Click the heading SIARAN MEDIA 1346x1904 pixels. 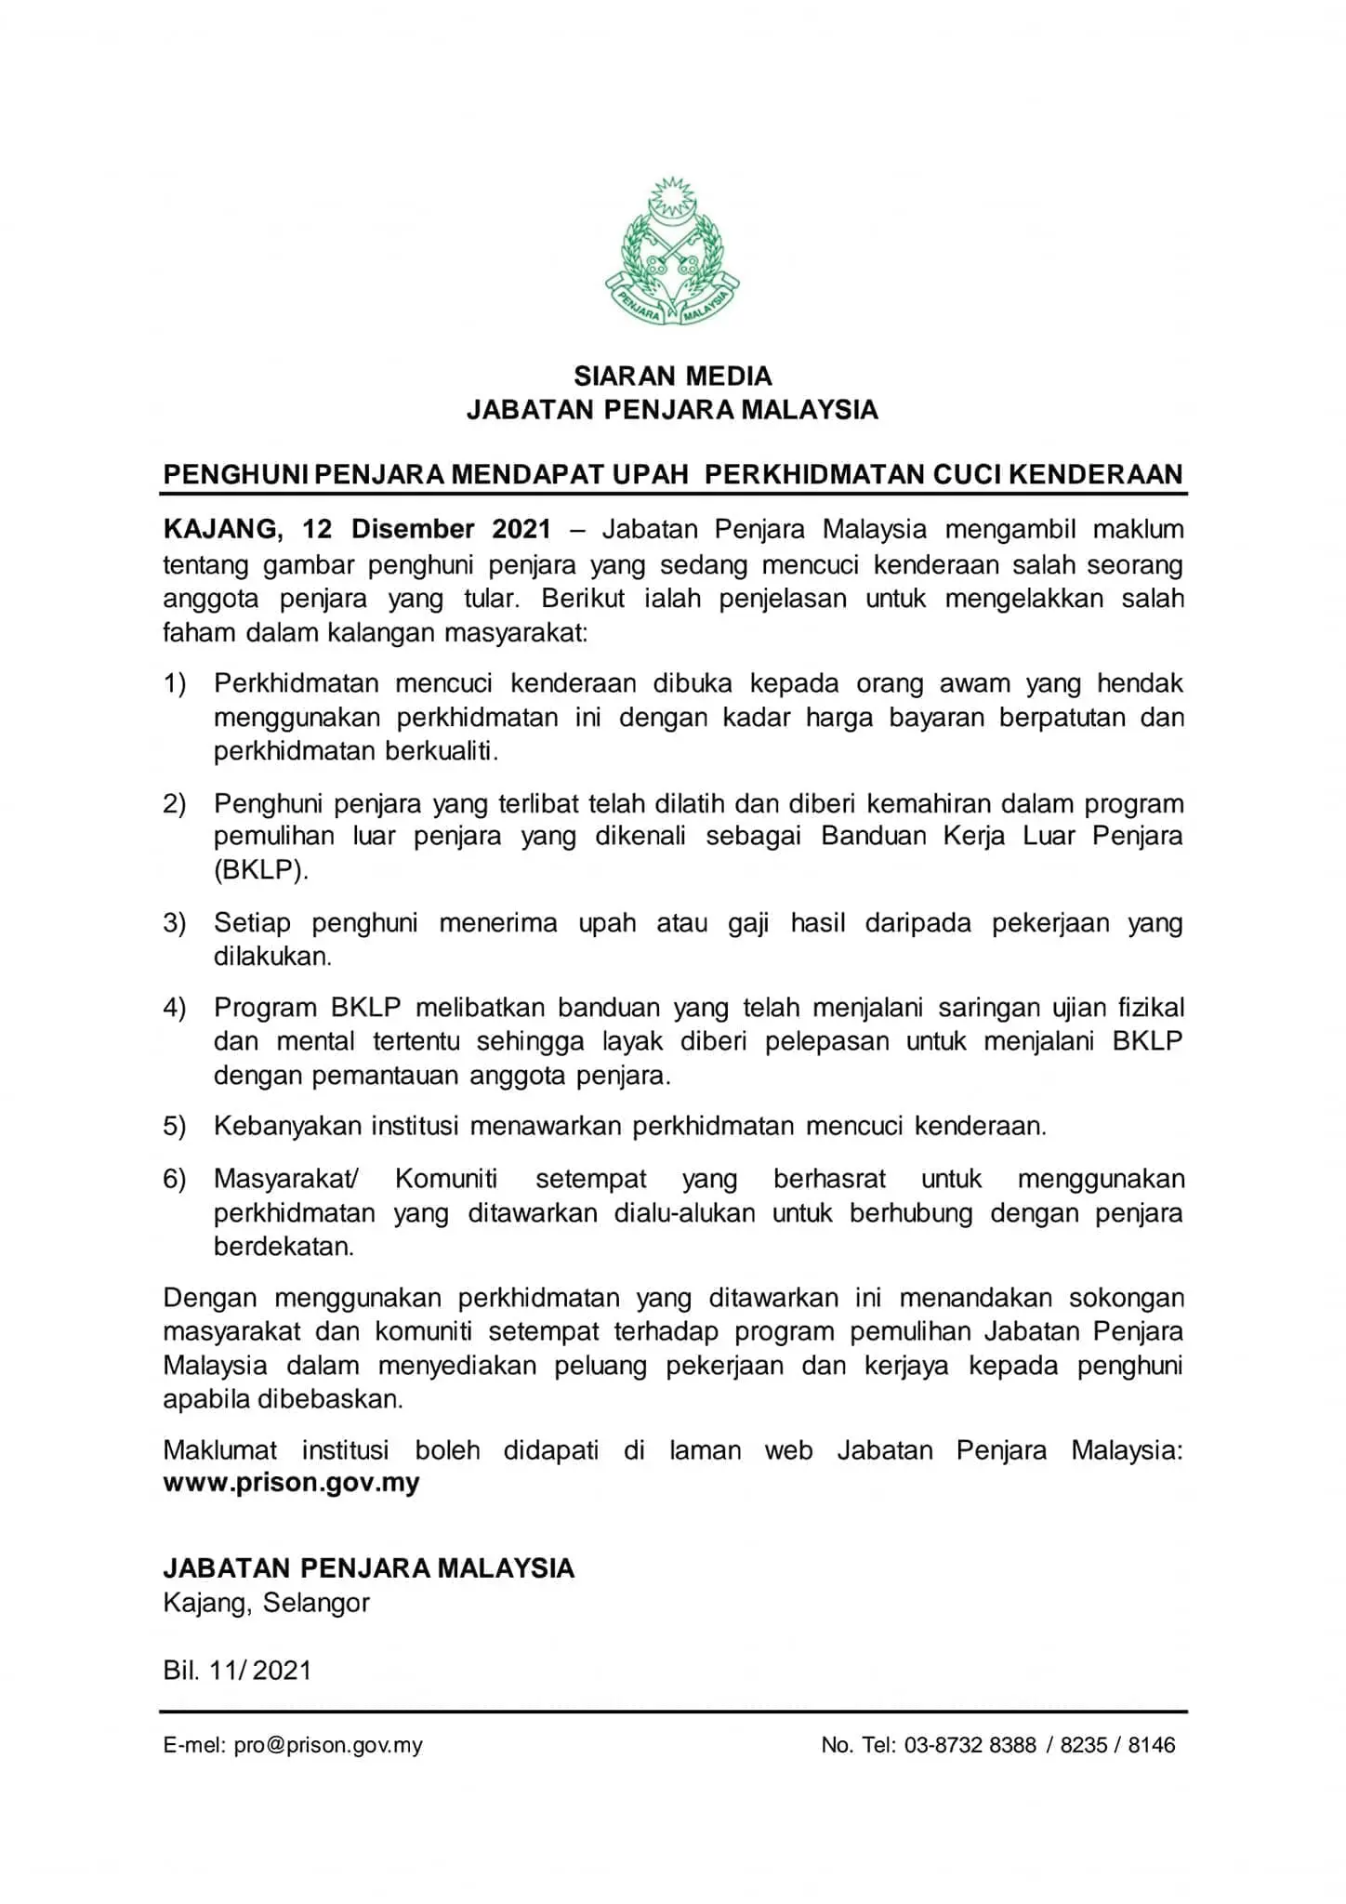(x=672, y=377)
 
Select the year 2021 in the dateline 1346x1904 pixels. (x=521, y=530)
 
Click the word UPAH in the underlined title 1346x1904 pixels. (x=649, y=475)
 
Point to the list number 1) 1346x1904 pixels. (x=175, y=684)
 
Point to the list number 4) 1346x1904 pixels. (x=175, y=1008)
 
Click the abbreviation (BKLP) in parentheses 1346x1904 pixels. (x=260, y=870)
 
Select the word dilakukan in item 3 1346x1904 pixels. (x=272, y=957)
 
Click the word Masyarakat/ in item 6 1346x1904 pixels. (x=286, y=1179)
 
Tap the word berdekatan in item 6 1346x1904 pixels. (x=284, y=1247)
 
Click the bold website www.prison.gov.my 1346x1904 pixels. (x=291, y=1483)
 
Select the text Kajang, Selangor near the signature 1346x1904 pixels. (x=266, y=1603)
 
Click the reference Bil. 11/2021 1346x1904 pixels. (x=237, y=1671)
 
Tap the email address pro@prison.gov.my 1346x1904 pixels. (x=328, y=1745)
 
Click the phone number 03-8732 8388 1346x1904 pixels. (x=970, y=1745)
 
